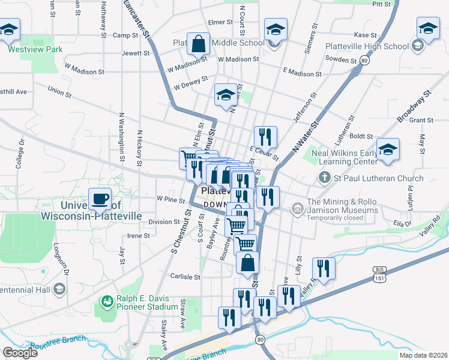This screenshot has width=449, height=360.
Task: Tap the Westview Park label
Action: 35,49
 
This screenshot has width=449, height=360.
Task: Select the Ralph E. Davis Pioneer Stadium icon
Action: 107,301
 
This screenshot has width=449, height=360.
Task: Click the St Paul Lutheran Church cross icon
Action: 324,178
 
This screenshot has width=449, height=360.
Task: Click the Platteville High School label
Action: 367,46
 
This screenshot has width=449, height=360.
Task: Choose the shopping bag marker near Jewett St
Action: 198,44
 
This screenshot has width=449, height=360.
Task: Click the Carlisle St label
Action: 184,277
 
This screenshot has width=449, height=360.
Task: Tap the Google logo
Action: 20,353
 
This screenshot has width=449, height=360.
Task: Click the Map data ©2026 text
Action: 423,355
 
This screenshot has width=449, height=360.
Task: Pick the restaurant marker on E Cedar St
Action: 265,138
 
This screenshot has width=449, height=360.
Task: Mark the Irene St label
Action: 138,236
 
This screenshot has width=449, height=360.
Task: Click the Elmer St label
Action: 220,22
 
